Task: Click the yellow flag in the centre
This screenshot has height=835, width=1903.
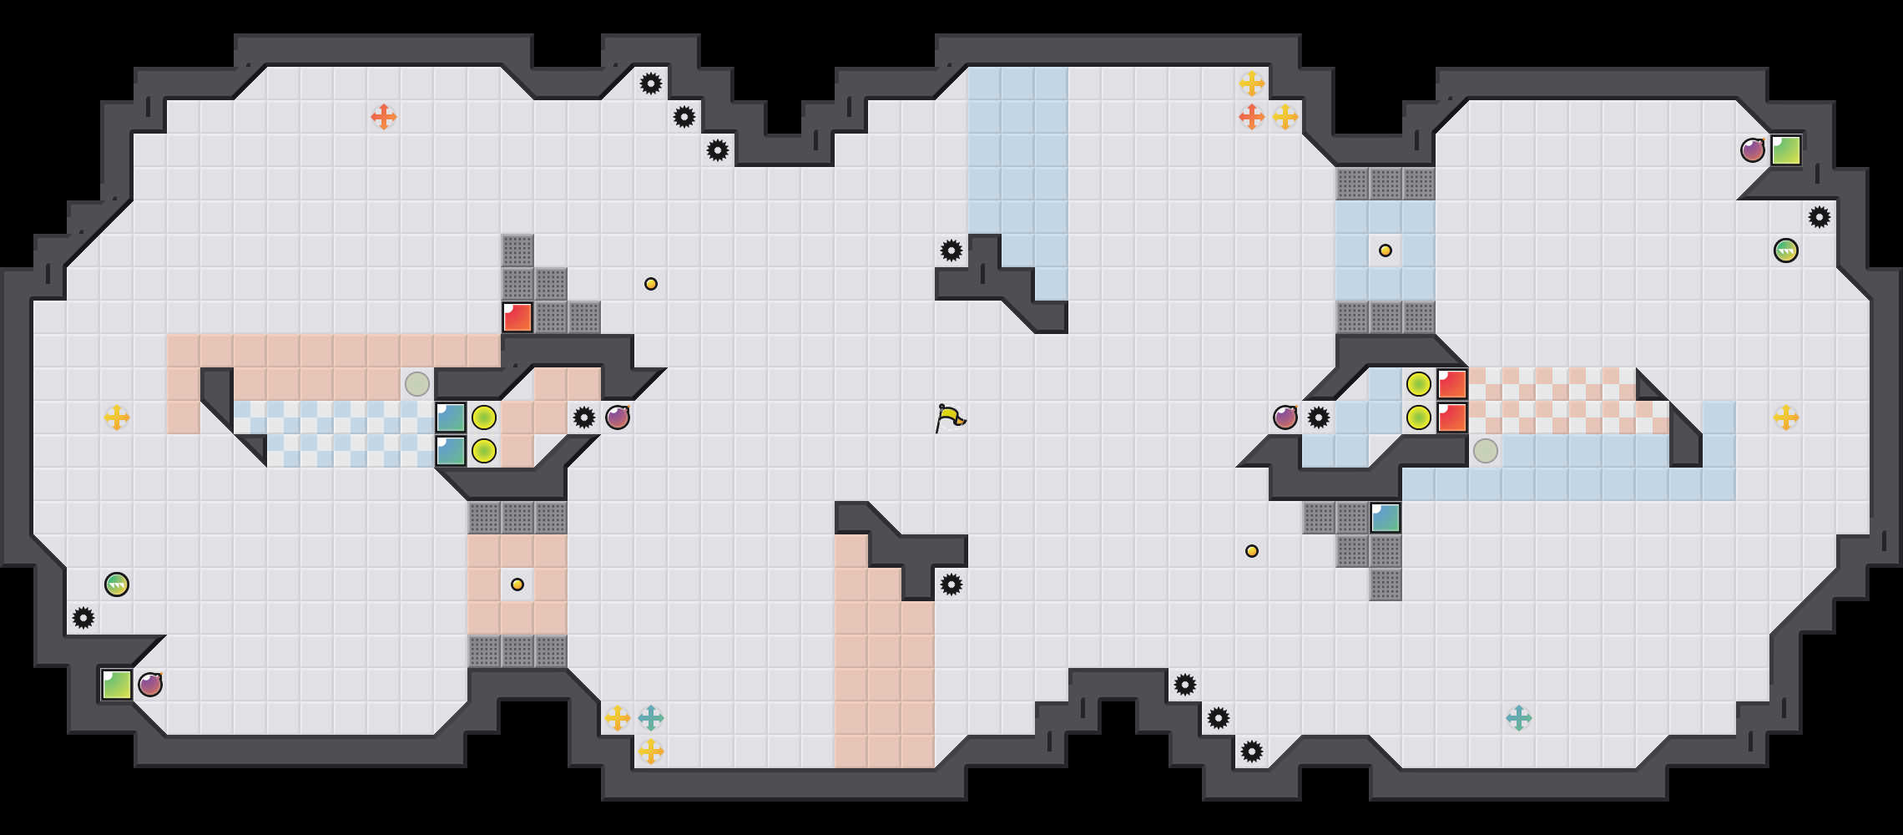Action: (950, 417)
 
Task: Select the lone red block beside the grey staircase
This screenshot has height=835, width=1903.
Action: (517, 317)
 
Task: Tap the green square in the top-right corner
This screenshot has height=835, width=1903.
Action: (1786, 150)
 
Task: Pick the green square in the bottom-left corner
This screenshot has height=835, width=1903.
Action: (117, 685)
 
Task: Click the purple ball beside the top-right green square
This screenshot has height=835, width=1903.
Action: (1753, 150)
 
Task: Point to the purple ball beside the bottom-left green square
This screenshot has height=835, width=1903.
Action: (150, 685)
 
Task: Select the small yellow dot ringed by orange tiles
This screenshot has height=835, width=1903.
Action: (517, 584)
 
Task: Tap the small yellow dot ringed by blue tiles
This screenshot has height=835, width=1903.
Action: (1386, 250)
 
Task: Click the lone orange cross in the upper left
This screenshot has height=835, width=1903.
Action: (384, 117)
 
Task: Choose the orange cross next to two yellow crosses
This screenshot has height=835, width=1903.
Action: (1252, 117)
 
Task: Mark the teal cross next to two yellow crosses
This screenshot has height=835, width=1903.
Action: (651, 718)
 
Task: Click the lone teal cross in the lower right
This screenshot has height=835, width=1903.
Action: (1519, 718)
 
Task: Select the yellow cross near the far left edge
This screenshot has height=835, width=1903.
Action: (117, 417)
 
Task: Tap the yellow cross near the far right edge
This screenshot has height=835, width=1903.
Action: (1786, 417)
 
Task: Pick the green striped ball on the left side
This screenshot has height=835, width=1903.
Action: (117, 584)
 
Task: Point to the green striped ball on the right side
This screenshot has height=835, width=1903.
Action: (1786, 250)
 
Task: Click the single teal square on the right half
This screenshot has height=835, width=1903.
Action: (1386, 518)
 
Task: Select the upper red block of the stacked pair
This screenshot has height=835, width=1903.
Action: (1452, 384)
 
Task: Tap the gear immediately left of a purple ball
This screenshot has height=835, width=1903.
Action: (584, 417)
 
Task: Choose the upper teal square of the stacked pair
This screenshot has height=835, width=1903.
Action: (451, 417)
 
